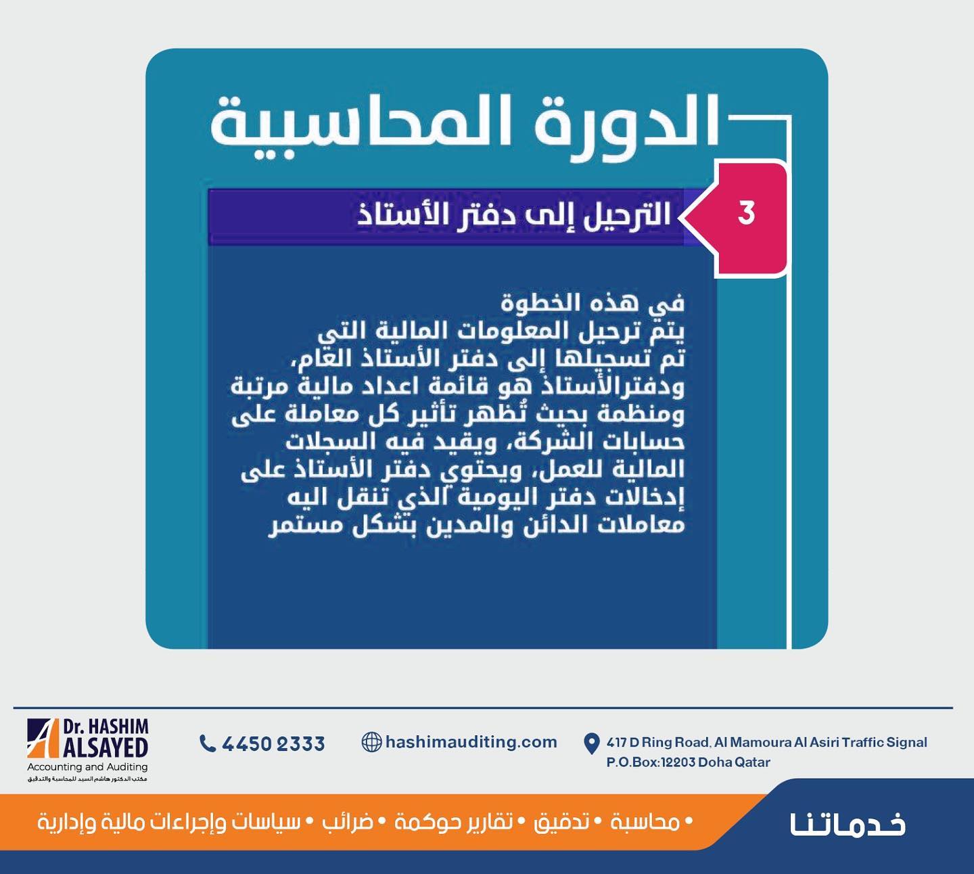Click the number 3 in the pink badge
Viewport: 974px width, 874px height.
(x=746, y=213)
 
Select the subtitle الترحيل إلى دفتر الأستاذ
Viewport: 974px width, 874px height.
(x=514, y=215)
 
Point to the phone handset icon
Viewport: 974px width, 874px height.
(x=207, y=743)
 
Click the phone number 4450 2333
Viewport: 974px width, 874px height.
(x=273, y=743)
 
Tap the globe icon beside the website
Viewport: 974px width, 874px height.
(x=371, y=742)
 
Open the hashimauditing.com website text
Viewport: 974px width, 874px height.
(x=471, y=742)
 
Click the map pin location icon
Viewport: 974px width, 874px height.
(x=591, y=743)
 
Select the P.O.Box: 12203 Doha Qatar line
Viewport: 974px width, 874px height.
(x=688, y=762)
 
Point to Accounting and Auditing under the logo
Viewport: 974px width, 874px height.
(x=87, y=767)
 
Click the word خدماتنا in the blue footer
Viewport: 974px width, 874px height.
(x=848, y=825)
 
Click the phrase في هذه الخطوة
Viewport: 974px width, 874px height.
(x=593, y=303)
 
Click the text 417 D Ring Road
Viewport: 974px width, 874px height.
(x=657, y=743)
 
